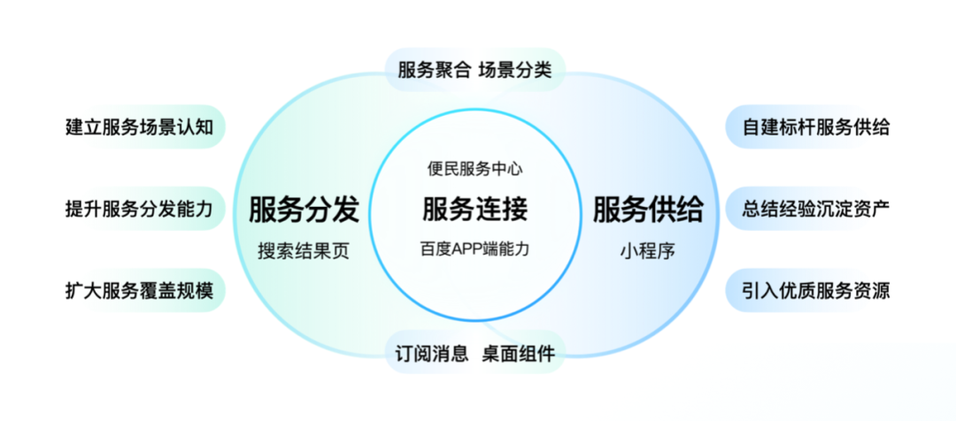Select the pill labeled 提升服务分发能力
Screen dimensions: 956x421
point(140,210)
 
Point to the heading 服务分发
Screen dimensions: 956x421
point(304,210)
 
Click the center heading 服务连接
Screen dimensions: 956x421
point(475,210)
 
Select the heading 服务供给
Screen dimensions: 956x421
point(648,210)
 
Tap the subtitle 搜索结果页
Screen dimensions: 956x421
point(304,250)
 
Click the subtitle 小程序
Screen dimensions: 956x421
point(648,250)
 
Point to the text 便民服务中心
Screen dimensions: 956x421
point(475,170)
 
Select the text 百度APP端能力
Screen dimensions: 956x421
point(475,249)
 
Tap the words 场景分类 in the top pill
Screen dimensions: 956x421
point(515,70)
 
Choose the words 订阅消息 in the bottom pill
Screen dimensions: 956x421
point(432,355)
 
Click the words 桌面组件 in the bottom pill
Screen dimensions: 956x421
point(519,355)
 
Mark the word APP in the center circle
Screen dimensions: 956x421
point(470,249)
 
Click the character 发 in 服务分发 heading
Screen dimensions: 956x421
point(345,210)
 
